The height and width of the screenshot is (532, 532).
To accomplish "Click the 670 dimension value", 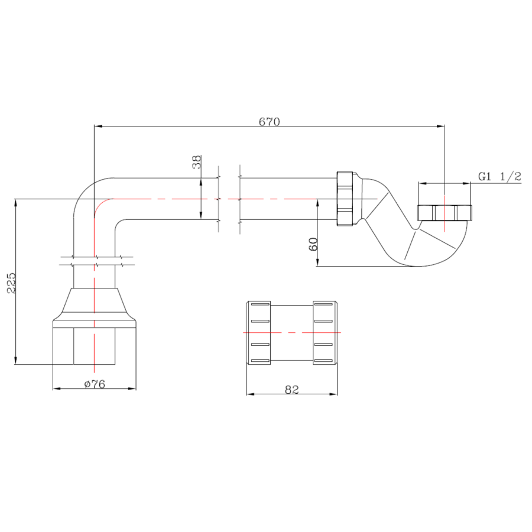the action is pyautogui.click(x=270, y=121).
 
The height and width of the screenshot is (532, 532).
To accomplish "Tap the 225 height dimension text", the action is pyautogui.click(x=12, y=283).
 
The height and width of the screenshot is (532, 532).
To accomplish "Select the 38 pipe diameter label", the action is pyautogui.click(x=196, y=162).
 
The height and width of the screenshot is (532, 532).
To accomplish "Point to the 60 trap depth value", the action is pyautogui.click(x=313, y=244).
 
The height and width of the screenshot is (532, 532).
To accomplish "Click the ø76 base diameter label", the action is pyautogui.click(x=95, y=384).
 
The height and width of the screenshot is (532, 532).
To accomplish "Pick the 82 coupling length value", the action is pyautogui.click(x=292, y=390).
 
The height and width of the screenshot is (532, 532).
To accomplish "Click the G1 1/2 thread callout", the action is pyautogui.click(x=499, y=176).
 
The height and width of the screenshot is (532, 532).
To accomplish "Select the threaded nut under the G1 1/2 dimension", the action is pyautogui.click(x=445, y=213).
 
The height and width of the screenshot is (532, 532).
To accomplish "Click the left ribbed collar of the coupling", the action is pyautogui.click(x=258, y=332).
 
